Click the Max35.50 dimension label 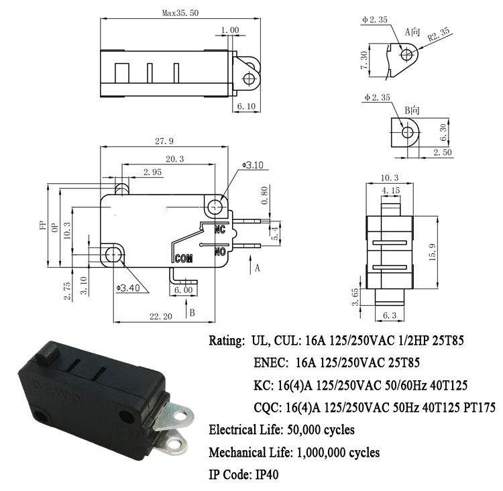(x=180, y=13)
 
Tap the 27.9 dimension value (x=164, y=141)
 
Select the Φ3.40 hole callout (x=128, y=288)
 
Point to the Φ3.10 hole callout (x=253, y=165)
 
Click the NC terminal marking (x=220, y=229)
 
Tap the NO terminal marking (x=220, y=252)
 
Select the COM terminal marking (x=184, y=258)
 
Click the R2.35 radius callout (x=439, y=34)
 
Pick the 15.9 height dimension (x=433, y=252)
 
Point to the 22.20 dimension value (x=161, y=317)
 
